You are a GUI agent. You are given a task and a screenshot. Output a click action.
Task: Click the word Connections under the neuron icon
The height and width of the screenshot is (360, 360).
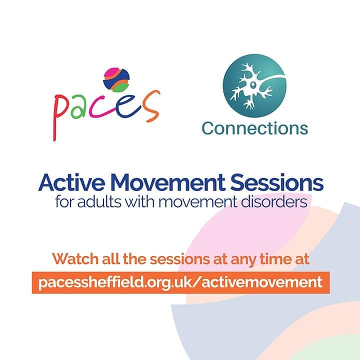click(x=254, y=128)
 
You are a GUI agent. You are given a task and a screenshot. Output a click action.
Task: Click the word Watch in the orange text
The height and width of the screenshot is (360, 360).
click(x=73, y=259)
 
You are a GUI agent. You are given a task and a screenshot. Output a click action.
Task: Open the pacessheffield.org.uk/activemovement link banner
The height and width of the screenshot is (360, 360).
click(x=180, y=282)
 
